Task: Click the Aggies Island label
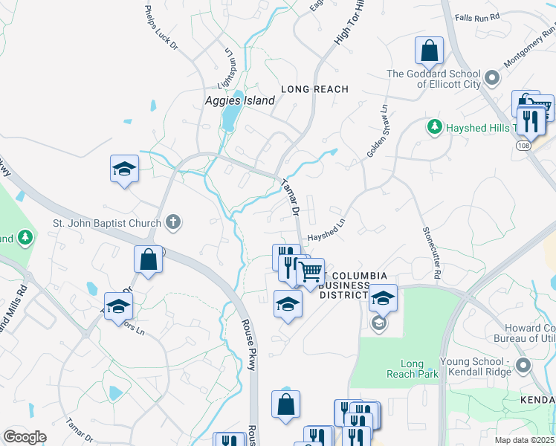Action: pos(234,100)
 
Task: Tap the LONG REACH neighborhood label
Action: pos(314,89)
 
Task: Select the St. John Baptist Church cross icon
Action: pos(172,222)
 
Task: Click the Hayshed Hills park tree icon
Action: pos(434,127)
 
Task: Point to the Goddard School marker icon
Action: pos(491,78)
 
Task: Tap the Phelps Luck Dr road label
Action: pos(161,28)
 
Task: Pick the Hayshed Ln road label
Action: pos(327,231)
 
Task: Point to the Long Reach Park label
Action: pos(412,369)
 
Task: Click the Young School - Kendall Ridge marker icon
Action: pos(523,365)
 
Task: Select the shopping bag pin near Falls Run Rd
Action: pos(429,51)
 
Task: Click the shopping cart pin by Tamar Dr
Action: pos(311,271)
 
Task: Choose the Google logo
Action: pos(25,437)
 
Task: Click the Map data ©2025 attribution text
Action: pos(524,440)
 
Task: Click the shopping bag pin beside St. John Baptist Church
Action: pos(148,259)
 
